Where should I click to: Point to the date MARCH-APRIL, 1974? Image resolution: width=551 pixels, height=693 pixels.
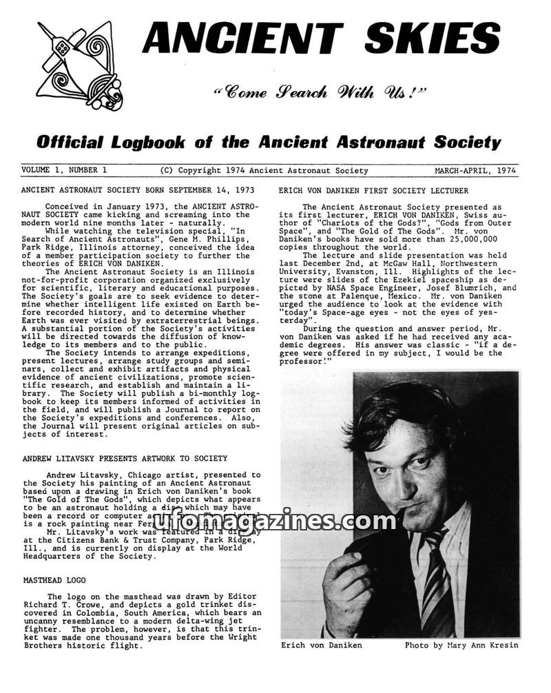pyautogui.click(x=475, y=170)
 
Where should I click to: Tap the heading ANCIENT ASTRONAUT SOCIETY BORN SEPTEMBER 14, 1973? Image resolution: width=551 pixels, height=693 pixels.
pyautogui.click(x=138, y=190)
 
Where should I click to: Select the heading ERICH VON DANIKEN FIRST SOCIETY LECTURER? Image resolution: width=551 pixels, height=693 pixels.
pyautogui.click(x=373, y=190)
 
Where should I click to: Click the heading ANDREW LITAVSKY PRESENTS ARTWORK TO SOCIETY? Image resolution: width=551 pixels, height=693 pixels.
pyautogui.click(x=124, y=458)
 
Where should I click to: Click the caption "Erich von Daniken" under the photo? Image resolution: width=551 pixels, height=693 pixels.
pyautogui.click(x=321, y=645)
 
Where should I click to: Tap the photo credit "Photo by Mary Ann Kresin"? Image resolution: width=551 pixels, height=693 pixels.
pyautogui.click(x=461, y=645)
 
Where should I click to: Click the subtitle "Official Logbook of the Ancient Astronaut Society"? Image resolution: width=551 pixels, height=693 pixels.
pyautogui.click(x=269, y=143)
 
